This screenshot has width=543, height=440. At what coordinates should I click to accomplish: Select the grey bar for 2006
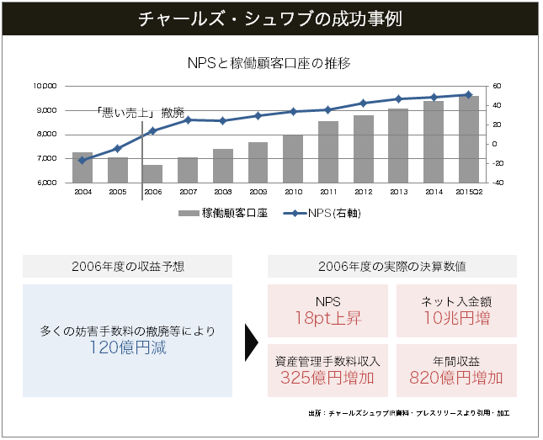(152, 173)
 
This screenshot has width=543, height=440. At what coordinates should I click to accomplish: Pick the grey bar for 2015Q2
(469, 139)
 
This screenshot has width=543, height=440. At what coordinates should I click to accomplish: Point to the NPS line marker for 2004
(82, 160)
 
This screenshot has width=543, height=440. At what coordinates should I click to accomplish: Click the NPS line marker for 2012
(363, 103)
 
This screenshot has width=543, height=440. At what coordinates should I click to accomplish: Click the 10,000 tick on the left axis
(45, 86)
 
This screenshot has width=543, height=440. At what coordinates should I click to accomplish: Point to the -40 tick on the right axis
(497, 183)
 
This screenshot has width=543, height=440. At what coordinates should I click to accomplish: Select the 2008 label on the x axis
(222, 193)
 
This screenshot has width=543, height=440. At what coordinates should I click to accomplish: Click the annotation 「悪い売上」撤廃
(140, 112)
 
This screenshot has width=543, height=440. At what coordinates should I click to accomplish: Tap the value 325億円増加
(327, 378)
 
